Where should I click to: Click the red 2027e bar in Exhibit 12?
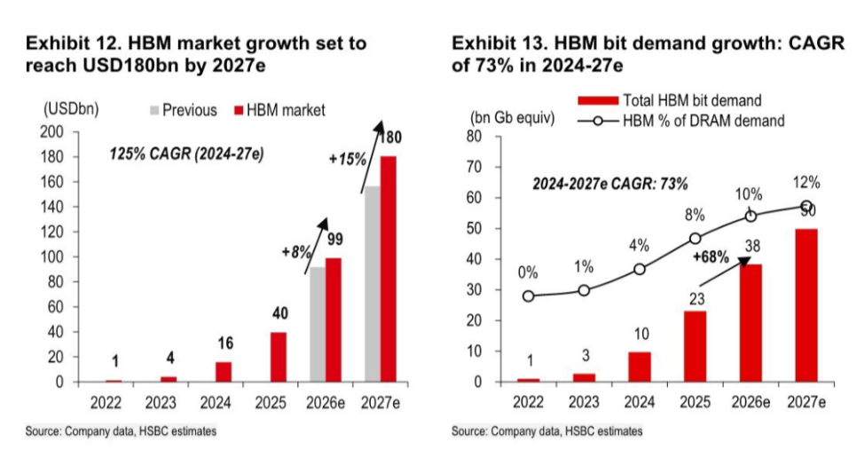(x=388, y=269)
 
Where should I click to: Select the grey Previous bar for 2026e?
(x=318, y=325)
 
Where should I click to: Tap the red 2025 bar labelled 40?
(x=279, y=357)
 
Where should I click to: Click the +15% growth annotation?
(x=348, y=160)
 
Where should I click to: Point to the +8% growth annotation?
(x=297, y=252)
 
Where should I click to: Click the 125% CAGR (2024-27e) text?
(x=187, y=154)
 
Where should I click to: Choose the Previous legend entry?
(x=183, y=110)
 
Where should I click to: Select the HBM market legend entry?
(x=279, y=110)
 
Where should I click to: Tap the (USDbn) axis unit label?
(x=71, y=109)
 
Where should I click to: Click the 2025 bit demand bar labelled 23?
(x=695, y=346)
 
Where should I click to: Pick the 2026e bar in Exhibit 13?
(x=751, y=323)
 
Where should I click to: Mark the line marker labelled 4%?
(x=640, y=270)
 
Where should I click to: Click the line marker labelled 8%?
(x=696, y=238)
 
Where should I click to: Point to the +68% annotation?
(x=711, y=257)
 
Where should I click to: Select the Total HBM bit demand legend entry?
(x=670, y=100)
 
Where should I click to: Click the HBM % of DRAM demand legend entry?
(x=681, y=120)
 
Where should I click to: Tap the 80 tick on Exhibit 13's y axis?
(x=474, y=136)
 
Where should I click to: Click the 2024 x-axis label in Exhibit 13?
(x=640, y=403)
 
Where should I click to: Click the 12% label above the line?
(x=806, y=183)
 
